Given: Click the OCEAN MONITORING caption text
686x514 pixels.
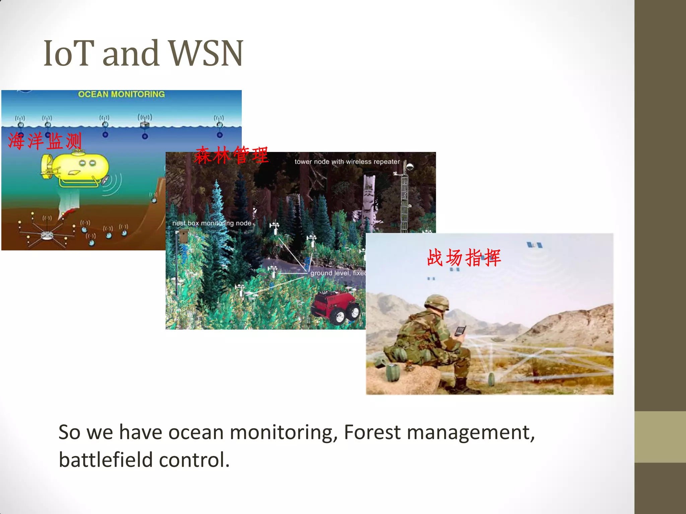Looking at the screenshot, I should pyautogui.click(x=121, y=94).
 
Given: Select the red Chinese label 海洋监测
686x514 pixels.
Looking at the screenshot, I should pyautogui.click(x=45, y=141).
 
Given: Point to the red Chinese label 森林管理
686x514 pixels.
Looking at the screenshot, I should pyautogui.click(x=231, y=155).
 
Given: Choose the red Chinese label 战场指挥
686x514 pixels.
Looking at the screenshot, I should pyautogui.click(x=464, y=257).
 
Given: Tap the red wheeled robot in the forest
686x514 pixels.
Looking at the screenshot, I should pyautogui.click(x=335, y=306).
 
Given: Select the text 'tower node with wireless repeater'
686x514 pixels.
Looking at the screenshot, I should pyautogui.click(x=347, y=162).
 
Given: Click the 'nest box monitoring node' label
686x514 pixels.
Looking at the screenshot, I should pyautogui.click(x=212, y=223).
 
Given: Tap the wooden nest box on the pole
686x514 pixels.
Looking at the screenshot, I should pyautogui.click(x=184, y=236).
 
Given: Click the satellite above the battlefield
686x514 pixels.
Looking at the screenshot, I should pyautogui.click(x=534, y=245).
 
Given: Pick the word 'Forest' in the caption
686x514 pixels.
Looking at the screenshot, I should pyautogui.click(x=372, y=432).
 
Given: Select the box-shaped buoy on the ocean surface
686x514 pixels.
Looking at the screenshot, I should pyautogui.click(x=145, y=124).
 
